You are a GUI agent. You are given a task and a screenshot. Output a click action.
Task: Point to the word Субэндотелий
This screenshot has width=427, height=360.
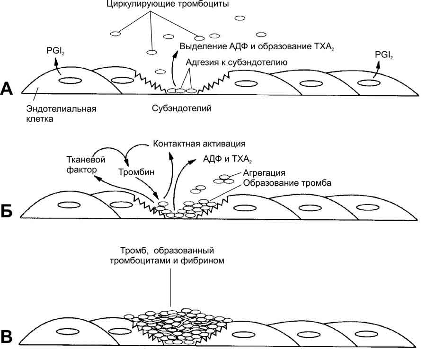click(181, 108)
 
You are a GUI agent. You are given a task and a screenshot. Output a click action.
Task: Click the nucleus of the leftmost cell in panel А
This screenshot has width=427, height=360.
click(70, 80)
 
